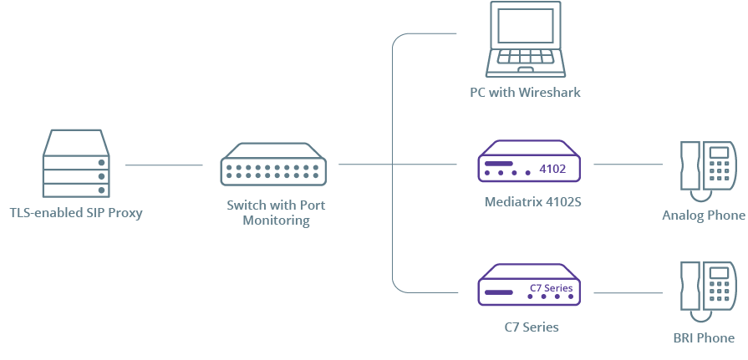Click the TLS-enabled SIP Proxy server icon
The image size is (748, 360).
click(x=76, y=164)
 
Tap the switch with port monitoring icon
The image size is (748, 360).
click(x=274, y=164)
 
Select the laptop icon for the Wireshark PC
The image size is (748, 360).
click(x=526, y=39)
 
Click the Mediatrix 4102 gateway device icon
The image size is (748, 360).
click(x=529, y=160)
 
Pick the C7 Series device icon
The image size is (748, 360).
click(x=529, y=285)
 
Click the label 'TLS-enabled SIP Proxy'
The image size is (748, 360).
click(x=76, y=213)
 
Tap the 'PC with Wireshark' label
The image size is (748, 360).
click(x=525, y=92)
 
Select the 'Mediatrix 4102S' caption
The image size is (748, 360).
click(x=533, y=201)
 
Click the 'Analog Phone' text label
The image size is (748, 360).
click(x=704, y=215)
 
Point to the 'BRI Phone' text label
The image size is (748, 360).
click(x=704, y=338)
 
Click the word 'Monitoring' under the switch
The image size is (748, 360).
click(x=276, y=221)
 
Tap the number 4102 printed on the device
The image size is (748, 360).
click(x=552, y=169)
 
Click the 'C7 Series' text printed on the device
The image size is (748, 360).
click(x=551, y=288)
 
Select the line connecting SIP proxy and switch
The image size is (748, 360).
click(x=164, y=165)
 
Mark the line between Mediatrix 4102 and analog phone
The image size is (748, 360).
click(x=628, y=164)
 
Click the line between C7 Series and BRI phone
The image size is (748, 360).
click(x=628, y=292)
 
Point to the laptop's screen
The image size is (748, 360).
click(x=525, y=25)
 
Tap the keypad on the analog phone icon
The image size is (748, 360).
click(x=719, y=170)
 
